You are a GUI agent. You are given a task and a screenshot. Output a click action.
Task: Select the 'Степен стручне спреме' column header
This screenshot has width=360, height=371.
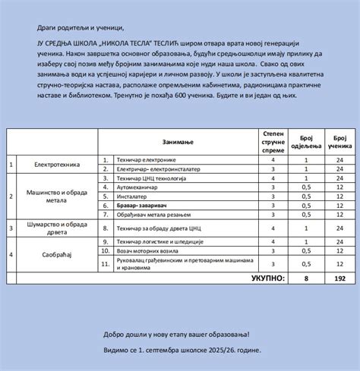click(273, 142)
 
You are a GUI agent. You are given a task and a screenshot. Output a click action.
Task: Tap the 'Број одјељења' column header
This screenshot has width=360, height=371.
click(306, 142)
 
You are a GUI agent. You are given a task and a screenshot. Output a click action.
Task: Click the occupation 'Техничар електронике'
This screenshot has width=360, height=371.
click(147, 160)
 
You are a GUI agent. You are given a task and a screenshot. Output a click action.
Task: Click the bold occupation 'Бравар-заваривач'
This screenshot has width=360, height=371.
click(143, 205)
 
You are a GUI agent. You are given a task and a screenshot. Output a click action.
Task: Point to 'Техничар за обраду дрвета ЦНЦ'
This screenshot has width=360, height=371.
click(158, 228)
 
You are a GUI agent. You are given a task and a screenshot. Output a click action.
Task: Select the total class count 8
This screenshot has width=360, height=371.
click(306, 278)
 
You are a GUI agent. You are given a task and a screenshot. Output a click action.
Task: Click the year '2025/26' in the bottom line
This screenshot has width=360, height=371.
click(216, 351)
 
